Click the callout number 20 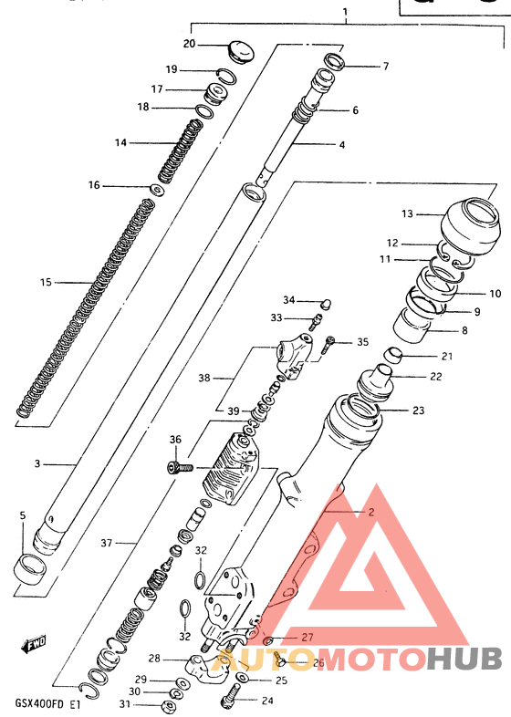189,44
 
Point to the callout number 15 46,282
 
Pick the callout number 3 37,464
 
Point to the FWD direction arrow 34,646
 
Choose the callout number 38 204,376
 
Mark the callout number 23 418,410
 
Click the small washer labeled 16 157,190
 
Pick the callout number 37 107,543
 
